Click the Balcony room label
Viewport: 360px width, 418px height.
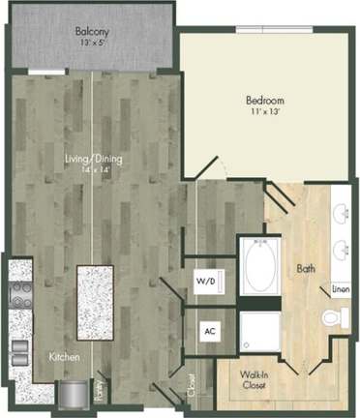pos(94,30)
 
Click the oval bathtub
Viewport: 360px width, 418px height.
pos(259,268)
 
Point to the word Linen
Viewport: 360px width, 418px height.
pos(341,288)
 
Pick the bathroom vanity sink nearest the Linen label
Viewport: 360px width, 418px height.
pos(342,251)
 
